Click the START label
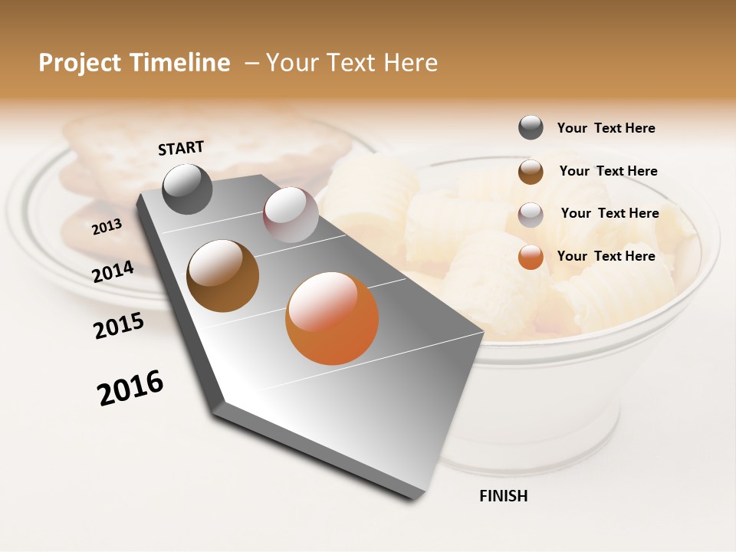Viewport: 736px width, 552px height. tap(181, 148)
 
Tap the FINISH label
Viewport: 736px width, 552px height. tap(503, 496)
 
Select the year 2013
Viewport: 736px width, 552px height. tap(107, 227)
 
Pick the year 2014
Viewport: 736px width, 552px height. tap(113, 271)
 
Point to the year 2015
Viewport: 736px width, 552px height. tap(119, 326)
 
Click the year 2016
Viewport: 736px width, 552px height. tap(130, 388)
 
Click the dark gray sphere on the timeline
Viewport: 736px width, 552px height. tap(188, 189)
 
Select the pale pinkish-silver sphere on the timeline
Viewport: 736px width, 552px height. tap(291, 215)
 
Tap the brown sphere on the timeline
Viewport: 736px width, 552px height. tap(223, 276)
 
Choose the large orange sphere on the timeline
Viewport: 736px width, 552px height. tap(332, 317)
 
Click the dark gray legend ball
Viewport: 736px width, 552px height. tap(531, 127)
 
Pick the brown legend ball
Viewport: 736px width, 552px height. tap(531, 172)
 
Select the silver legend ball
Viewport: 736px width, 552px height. tap(531, 214)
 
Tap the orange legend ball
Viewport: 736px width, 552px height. tap(531, 257)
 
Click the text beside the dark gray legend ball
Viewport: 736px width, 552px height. tap(606, 128)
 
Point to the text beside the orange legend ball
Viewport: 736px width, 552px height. tap(606, 256)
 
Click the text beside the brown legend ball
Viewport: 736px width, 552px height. tap(608, 171)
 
